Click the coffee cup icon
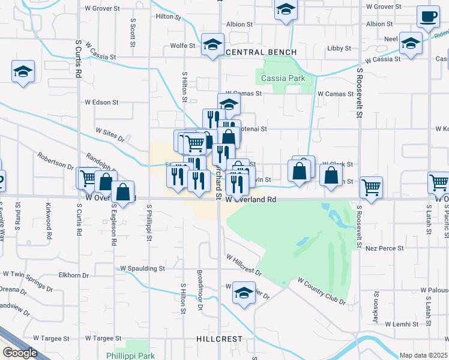[428, 18]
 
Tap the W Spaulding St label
[142, 268]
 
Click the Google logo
[20, 353]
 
